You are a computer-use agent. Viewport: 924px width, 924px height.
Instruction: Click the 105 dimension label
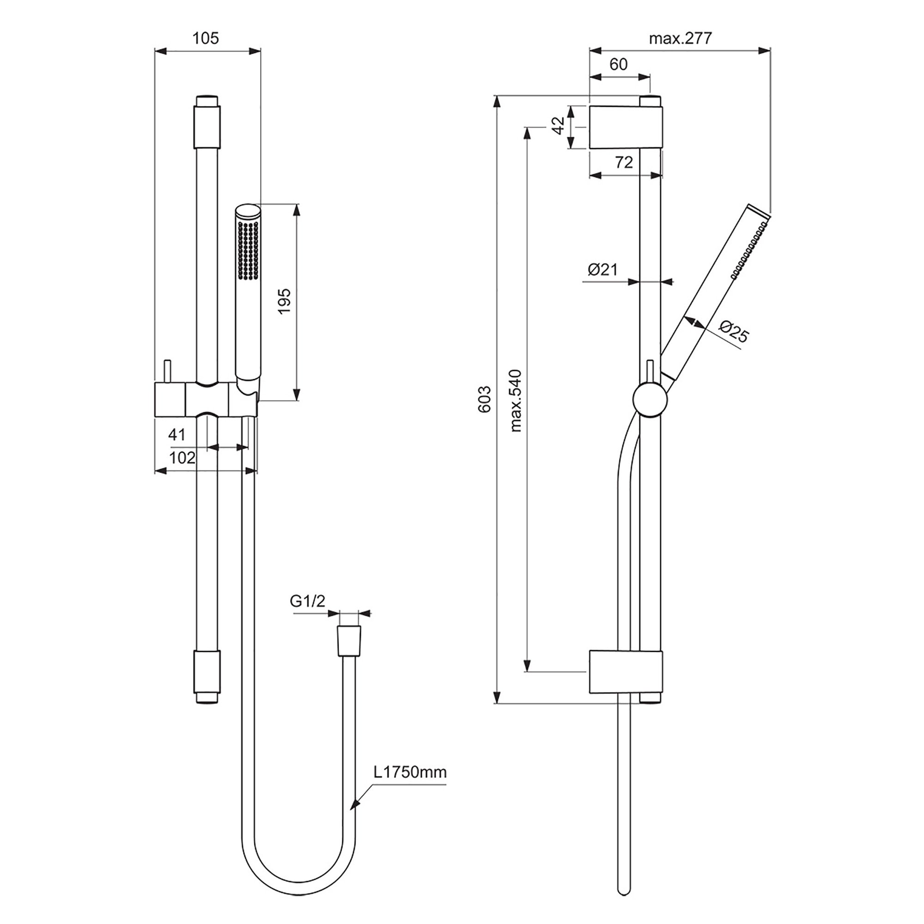206,38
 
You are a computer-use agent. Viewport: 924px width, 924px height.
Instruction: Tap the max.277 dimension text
680,38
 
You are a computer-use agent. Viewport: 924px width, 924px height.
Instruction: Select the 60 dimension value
619,64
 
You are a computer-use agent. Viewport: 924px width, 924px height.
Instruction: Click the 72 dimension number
624,162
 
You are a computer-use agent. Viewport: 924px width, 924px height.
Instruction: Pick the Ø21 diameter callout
602,270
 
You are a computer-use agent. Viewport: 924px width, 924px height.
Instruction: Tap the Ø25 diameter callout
733,332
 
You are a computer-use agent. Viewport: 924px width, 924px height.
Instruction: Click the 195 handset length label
284,301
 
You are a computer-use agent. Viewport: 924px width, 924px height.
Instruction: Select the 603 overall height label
485,399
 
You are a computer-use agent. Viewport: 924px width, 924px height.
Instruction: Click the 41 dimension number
176,435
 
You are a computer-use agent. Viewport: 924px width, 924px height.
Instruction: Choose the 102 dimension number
182,458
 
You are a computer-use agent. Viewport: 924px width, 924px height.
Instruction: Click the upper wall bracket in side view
626,127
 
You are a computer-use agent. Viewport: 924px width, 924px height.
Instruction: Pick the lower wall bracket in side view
626,671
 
